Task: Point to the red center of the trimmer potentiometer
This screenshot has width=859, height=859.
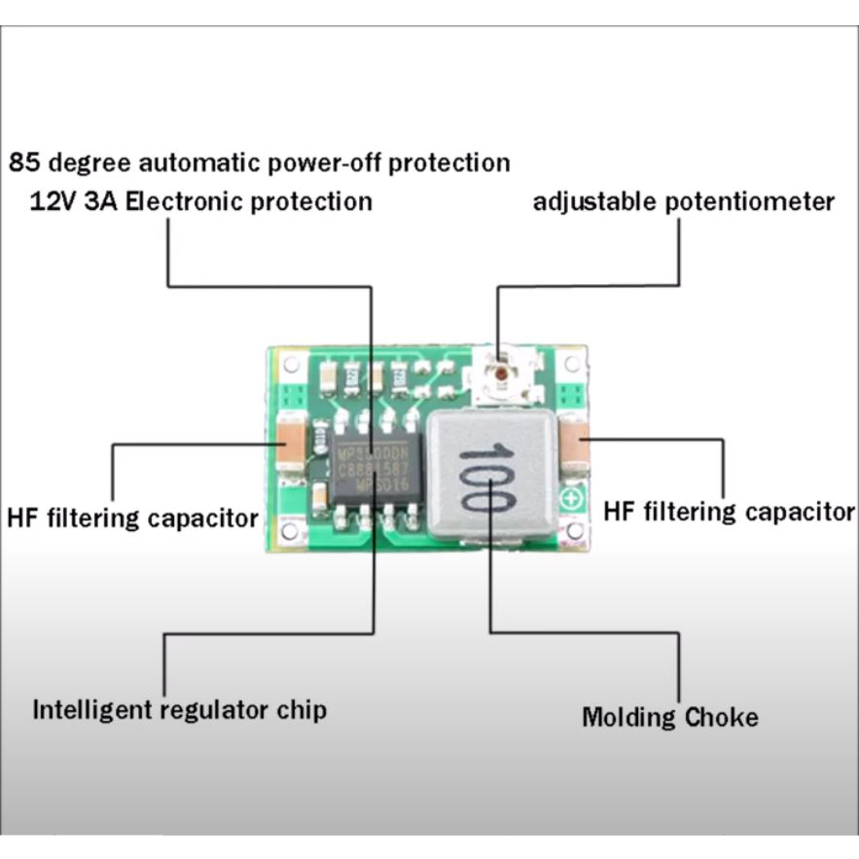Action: tap(500, 372)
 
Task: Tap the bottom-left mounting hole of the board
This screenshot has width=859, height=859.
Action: tap(290, 531)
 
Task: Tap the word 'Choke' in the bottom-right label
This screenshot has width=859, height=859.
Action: tap(722, 718)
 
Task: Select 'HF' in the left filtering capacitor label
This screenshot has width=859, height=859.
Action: tap(22, 517)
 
